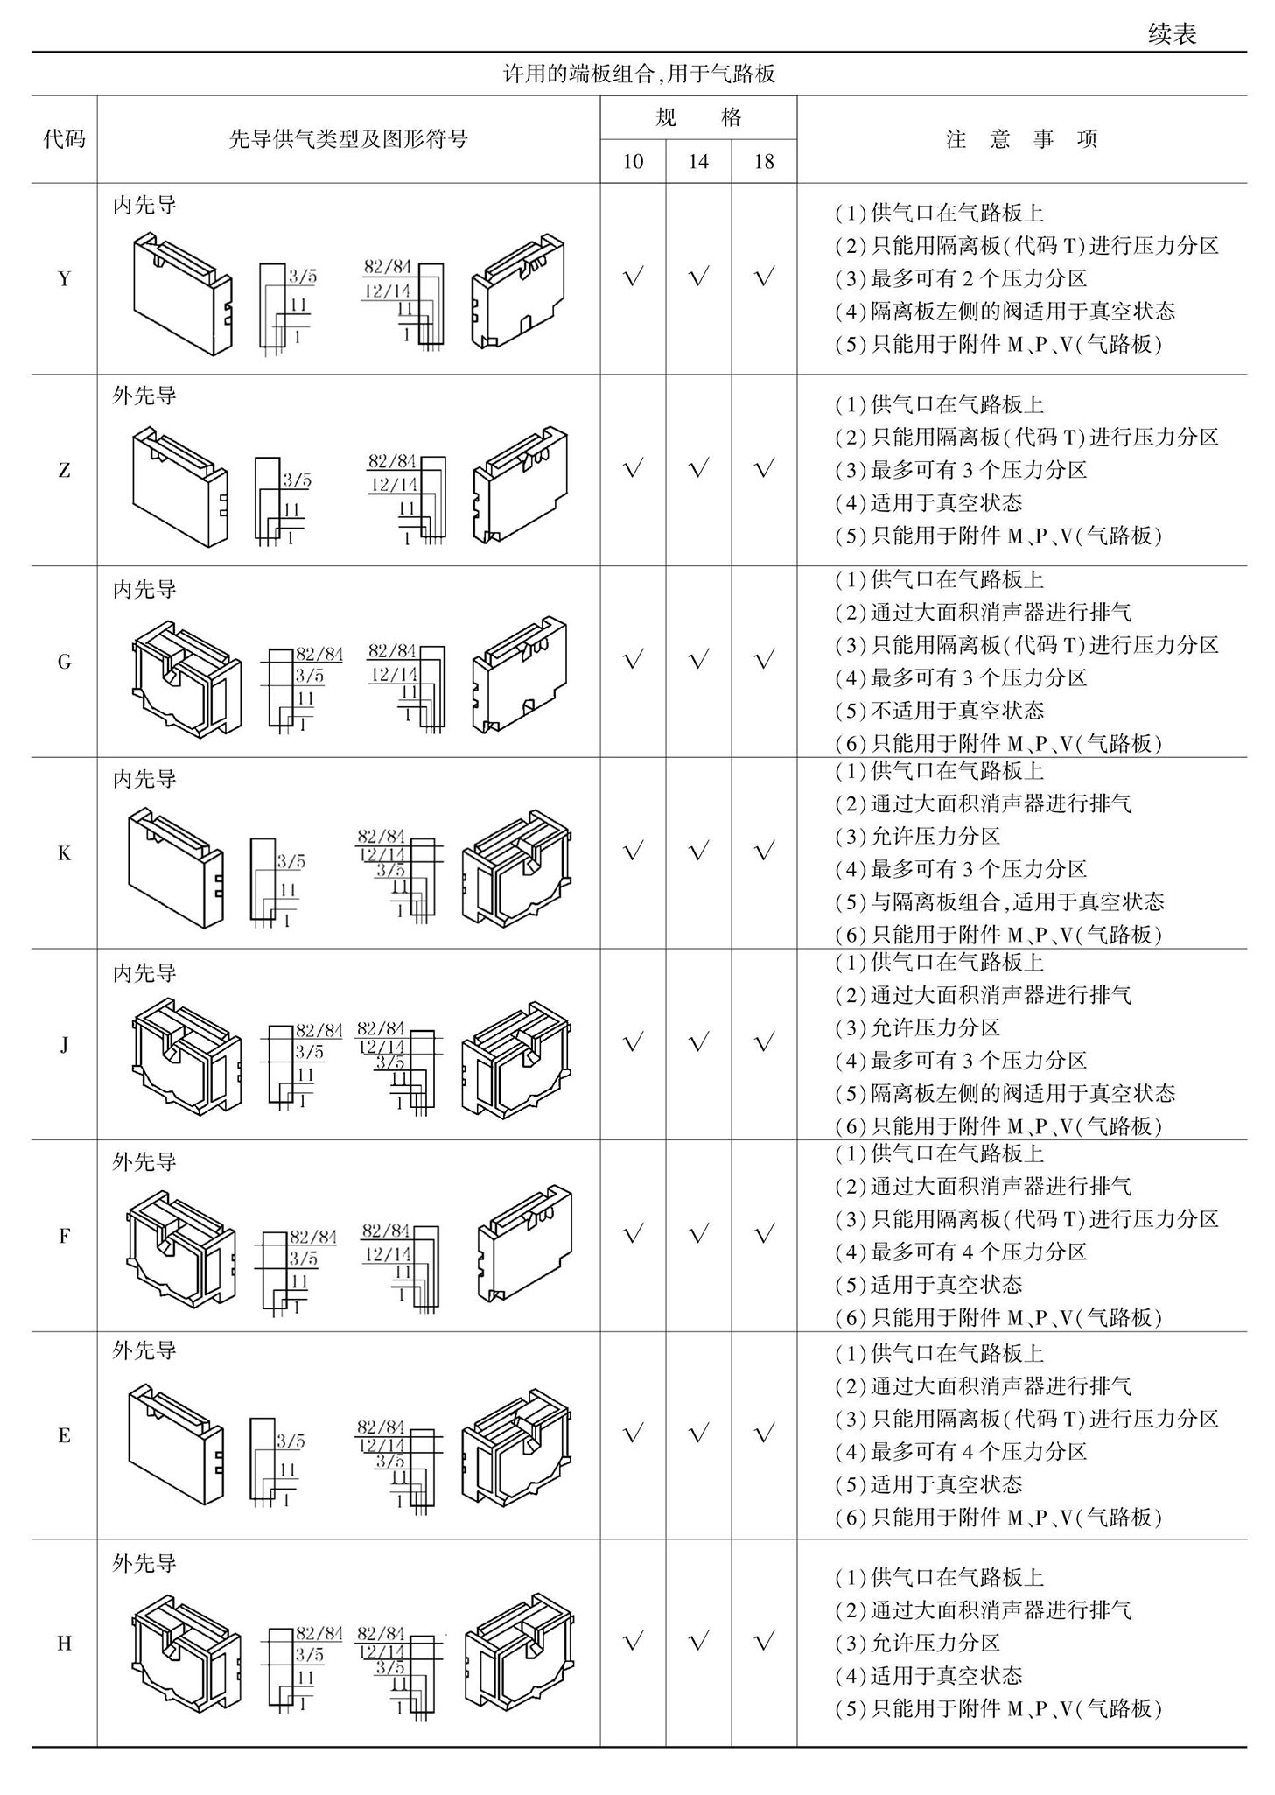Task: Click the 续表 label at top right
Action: click(x=1173, y=34)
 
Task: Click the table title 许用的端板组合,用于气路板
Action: click(x=639, y=74)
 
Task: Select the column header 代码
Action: click(x=64, y=138)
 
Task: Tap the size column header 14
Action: click(x=698, y=162)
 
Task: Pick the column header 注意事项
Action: click(x=1021, y=139)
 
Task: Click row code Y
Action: click(x=64, y=279)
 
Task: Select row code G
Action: click(x=64, y=662)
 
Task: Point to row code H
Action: click(x=64, y=1643)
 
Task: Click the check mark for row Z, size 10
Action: click(x=633, y=469)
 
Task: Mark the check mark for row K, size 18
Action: click(x=764, y=851)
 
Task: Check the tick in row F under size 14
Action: click(x=698, y=1234)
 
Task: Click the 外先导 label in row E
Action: click(x=144, y=1350)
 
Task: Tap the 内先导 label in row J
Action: click(x=144, y=973)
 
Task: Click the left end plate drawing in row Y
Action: click(x=183, y=293)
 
